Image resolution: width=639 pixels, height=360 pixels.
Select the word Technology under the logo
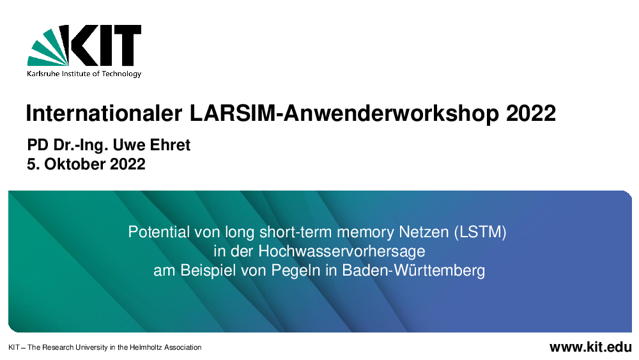coord(121,74)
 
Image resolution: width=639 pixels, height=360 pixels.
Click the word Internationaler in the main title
coord(104,113)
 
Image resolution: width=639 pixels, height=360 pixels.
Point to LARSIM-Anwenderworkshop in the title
coord(344,113)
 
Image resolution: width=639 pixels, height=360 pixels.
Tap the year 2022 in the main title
coord(531,113)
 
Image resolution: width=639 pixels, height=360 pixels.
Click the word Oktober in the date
coord(75,164)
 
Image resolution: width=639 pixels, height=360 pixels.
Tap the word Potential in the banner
coord(159,232)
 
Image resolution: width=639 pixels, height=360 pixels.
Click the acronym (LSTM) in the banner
coord(480,232)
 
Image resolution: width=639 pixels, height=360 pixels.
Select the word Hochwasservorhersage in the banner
coord(341,251)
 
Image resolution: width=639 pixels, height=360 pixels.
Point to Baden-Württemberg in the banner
coord(413,270)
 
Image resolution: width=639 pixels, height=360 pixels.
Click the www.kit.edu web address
coord(590,347)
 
